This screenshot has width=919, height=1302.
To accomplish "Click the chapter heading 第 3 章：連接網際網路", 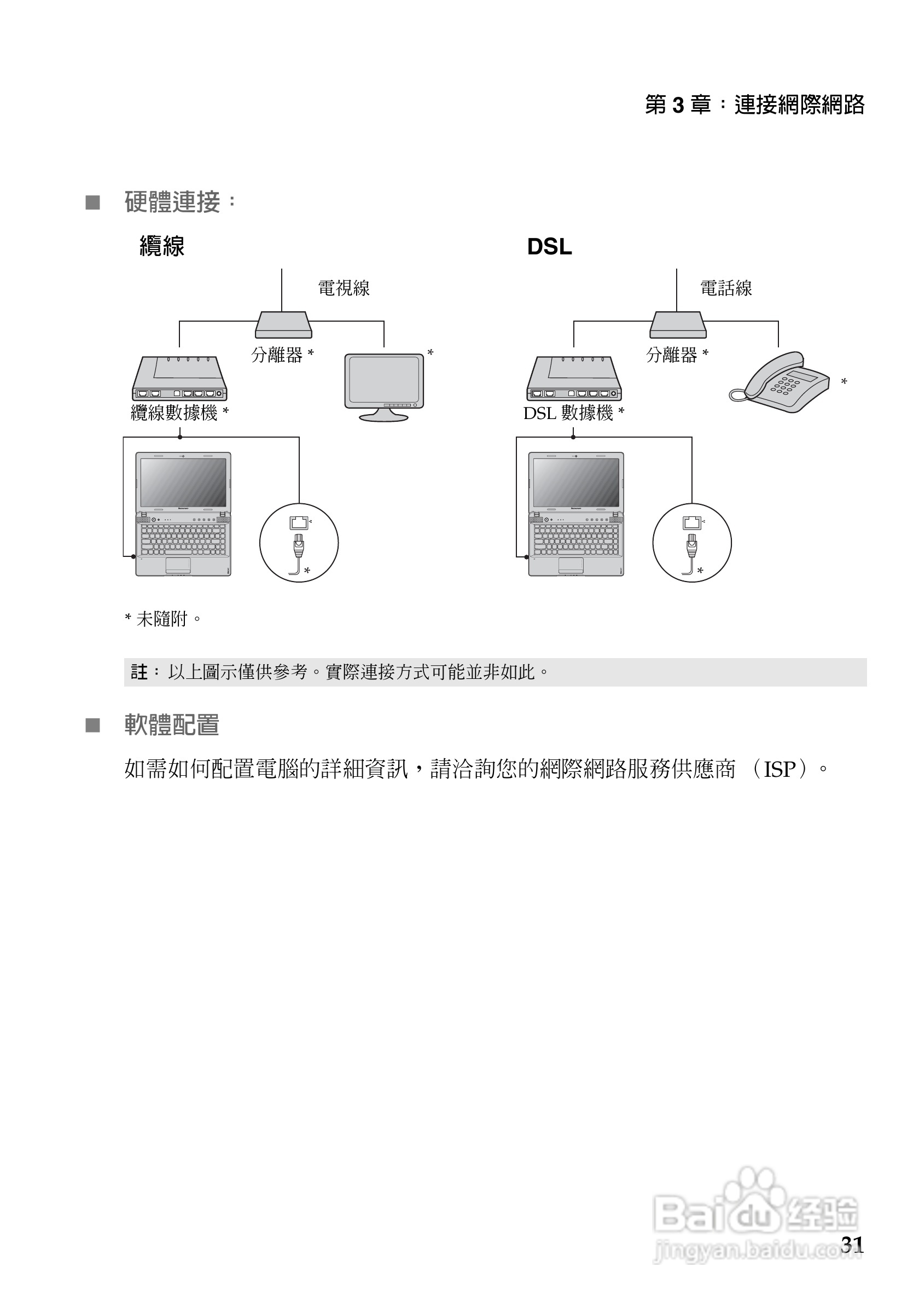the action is pyautogui.click(x=754, y=105).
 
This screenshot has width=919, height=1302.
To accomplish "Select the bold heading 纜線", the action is pyautogui.click(x=161, y=247).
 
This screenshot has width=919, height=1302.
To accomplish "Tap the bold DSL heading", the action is pyautogui.click(x=549, y=247).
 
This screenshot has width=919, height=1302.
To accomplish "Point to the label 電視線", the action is pyautogui.click(x=344, y=288).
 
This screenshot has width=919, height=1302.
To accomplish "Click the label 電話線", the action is pyautogui.click(x=726, y=288).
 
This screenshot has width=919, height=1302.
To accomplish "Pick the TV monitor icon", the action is pyautogui.click(x=384, y=386).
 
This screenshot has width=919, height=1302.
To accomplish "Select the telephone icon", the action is pyautogui.click(x=780, y=383).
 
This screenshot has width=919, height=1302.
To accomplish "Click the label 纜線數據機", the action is pyautogui.click(x=175, y=413).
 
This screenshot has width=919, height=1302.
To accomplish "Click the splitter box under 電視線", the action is pyautogui.click(x=283, y=325).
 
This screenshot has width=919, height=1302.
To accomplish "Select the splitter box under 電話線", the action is pyautogui.click(x=677, y=325).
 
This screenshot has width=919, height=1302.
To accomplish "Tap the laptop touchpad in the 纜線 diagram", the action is pyautogui.click(x=178, y=565).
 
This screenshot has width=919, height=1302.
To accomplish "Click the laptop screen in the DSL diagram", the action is pyautogui.click(x=576, y=483).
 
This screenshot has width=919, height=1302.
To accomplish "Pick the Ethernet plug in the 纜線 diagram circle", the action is pyautogui.click(x=299, y=545).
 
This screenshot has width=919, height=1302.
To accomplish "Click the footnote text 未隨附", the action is pyautogui.click(x=161, y=619).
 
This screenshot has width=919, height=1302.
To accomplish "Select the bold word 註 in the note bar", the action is pyautogui.click(x=139, y=672).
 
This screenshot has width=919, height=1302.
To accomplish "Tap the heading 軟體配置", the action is pyautogui.click(x=171, y=725).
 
